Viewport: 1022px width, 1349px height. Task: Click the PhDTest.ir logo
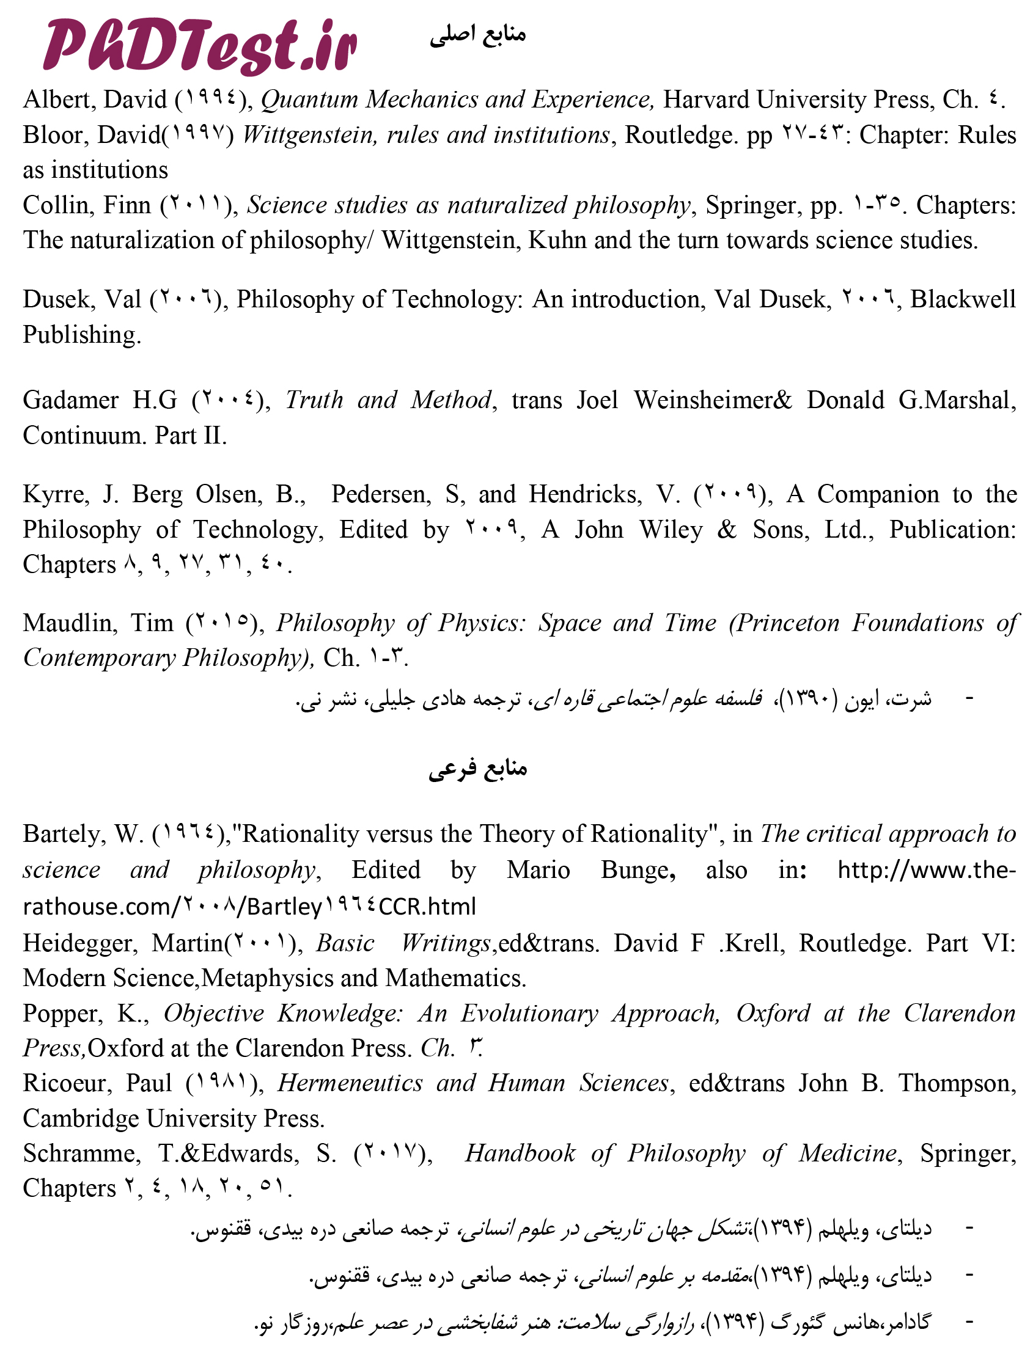pos(200,46)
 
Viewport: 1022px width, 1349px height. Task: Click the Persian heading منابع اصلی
pos(477,35)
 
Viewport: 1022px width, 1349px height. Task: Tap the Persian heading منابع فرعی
pos(477,769)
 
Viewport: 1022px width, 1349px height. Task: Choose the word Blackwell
pos(963,299)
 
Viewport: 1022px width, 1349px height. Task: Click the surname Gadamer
pos(71,400)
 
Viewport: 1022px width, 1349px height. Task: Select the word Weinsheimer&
pos(713,400)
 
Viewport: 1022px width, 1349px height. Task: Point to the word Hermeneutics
pos(350,1083)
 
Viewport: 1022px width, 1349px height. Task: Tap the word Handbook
pos(520,1153)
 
